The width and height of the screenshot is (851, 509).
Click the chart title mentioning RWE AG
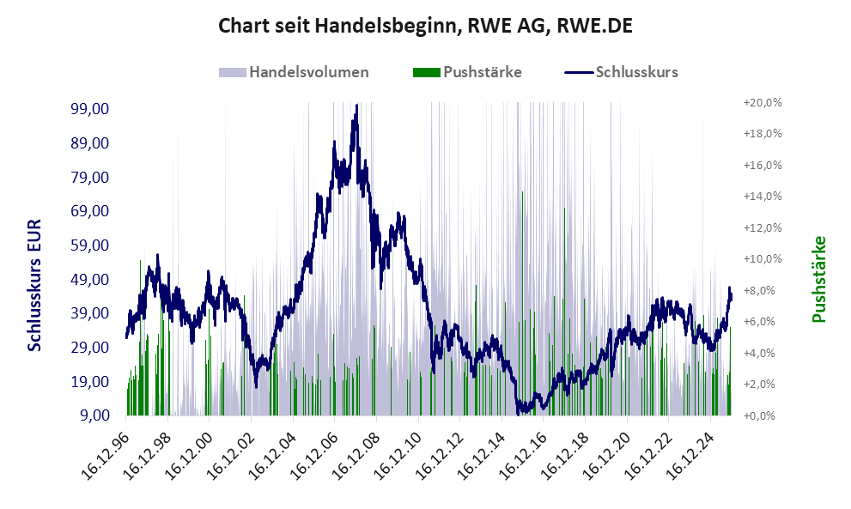coord(425,26)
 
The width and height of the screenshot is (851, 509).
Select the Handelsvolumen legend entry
coord(295,72)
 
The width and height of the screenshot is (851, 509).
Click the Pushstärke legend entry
coord(467,72)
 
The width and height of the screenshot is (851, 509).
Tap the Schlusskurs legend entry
coord(622,72)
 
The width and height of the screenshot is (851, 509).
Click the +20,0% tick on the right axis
coord(763,102)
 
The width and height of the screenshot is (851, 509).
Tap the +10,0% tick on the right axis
coord(763,259)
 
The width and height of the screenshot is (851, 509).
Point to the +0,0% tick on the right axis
coord(763,416)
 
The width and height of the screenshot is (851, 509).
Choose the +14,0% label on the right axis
coord(763,197)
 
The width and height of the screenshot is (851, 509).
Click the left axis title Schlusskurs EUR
coord(35,284)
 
